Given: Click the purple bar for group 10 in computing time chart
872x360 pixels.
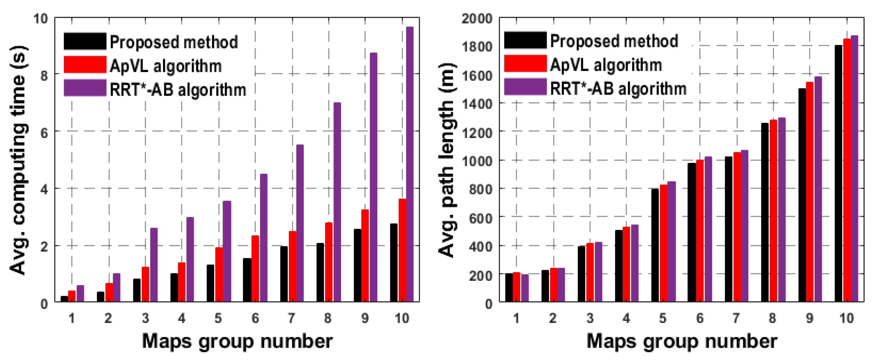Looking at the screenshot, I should (410, 164).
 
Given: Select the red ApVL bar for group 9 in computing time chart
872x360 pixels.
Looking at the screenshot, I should (365, 256).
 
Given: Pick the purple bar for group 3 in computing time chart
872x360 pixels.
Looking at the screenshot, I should (154, 265).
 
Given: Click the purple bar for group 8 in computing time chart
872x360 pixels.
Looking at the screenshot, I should (337, 202).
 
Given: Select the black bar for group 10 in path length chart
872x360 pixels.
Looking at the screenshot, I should (838, 173).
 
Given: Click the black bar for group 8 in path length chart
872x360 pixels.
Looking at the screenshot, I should (765, 212).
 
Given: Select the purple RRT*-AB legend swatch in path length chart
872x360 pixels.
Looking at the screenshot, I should (525, 87).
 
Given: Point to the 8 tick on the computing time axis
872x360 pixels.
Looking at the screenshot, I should (44, 75).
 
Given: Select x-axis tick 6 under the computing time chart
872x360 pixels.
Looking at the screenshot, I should (255, 318).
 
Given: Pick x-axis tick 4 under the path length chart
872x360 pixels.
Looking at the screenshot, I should (626, 318).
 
